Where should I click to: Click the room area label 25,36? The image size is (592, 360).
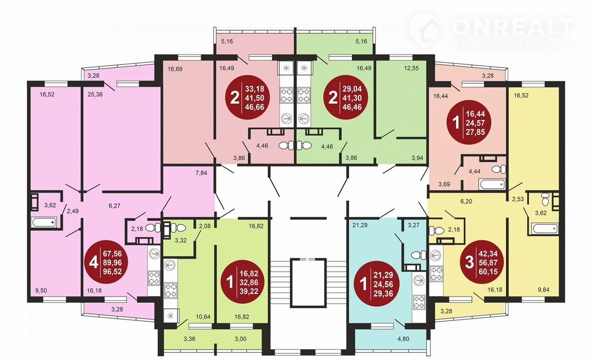95,94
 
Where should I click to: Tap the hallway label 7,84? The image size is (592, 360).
201,173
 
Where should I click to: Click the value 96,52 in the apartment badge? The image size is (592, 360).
112,272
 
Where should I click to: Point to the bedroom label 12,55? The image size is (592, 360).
412,68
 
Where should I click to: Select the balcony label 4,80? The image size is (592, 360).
403,339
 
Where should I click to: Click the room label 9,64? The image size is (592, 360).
543,290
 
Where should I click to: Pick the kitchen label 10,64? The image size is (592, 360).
203,317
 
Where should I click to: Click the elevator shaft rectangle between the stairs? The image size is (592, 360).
308,283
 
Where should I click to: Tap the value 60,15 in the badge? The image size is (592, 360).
488,272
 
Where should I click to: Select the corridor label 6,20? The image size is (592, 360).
466,201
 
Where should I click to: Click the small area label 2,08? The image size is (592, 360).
205,226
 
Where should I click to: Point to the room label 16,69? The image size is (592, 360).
175,69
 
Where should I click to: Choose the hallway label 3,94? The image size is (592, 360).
417,158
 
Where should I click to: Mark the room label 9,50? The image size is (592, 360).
41,291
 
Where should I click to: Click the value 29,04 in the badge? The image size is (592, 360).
352,88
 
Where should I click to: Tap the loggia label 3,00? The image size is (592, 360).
240,339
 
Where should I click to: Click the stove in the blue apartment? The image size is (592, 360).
419,302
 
